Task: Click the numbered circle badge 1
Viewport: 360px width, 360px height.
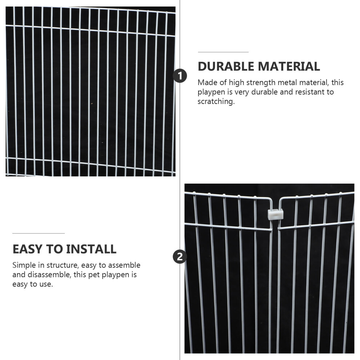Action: click(180, 76)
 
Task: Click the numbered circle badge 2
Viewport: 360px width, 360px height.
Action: click(180, 256)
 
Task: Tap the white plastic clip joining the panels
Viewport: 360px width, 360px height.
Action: click(276, 214)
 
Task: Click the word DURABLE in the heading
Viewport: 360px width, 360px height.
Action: click(226, 66)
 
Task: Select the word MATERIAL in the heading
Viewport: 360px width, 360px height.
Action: click(289, 66)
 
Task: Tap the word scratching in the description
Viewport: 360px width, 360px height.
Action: click(216, 101)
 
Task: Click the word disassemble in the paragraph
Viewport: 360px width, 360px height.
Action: click(49, 275)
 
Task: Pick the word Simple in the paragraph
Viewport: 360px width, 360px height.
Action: click(24, 265)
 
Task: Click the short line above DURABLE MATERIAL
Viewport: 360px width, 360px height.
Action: click(223, 52)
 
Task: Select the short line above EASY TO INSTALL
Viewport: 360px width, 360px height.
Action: click(39, 233)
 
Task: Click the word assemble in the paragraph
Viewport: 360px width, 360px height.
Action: click(124, 265)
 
